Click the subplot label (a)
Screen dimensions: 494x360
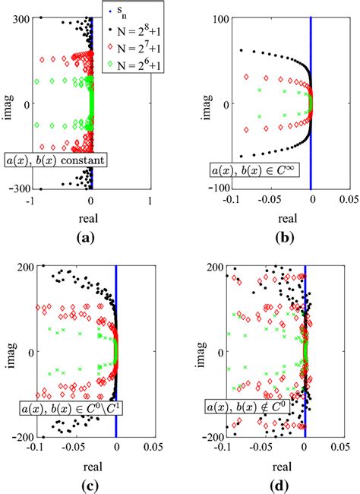pos(90,237)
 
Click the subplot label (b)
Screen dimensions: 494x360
pos(281,237)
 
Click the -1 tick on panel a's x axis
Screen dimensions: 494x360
pos(31,201)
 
